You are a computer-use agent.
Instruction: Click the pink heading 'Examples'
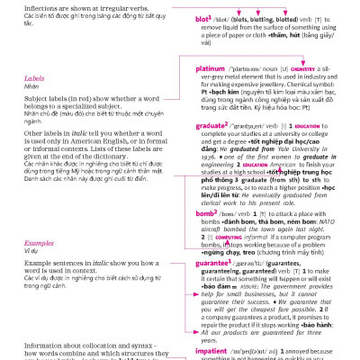(x=39, y=244)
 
